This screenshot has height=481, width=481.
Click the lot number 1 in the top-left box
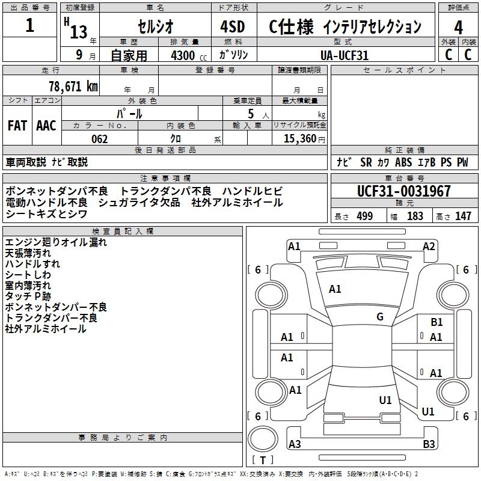pyautogui.click(x=30, y=26)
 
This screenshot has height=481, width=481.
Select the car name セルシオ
pyautogui.click(x=155, y=27)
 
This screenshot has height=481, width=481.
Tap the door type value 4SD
pyautogui.click(x=234, y=27)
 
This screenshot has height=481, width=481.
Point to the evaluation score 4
pyautogui.click(x=458, y=27)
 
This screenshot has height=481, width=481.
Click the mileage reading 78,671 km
pyautogui.click(x=73, y=86)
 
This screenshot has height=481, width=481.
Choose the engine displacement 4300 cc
pyautogui.click(x=183, y=55)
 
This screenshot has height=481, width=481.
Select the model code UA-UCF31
pyautogui.click(x=345, y=55)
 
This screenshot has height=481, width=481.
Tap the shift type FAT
pyautogui.click(x=17, y=125)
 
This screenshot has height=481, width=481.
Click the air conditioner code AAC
pyautogui.click(x=46, y=125)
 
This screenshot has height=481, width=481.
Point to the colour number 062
pyautogui.click(x=99, y=139)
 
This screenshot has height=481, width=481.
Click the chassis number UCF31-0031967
pyautogui.click(x=403, y=192)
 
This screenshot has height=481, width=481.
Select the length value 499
pyautogui.click(x=364, y=216)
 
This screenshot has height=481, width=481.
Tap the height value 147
pyautogui.click(x=463, y=216)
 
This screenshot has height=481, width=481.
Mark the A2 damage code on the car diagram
pyautogui.click(x=429, y=246)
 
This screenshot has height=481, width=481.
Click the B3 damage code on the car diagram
pyautogui.click(x=429, y=444)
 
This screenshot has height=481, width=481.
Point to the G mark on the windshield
pyautogui.click(x=380, y=317)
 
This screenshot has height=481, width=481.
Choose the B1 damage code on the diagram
pyautogui.click(x=437, y=322)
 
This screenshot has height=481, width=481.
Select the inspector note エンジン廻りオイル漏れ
pyautogui.click(x=55, y=242)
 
